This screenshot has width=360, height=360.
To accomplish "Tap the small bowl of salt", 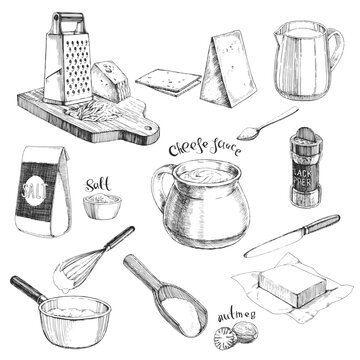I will coord(101,205).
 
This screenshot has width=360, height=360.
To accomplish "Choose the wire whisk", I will coord(90,260).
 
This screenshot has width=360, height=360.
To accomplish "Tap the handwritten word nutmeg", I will coord(236,313).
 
